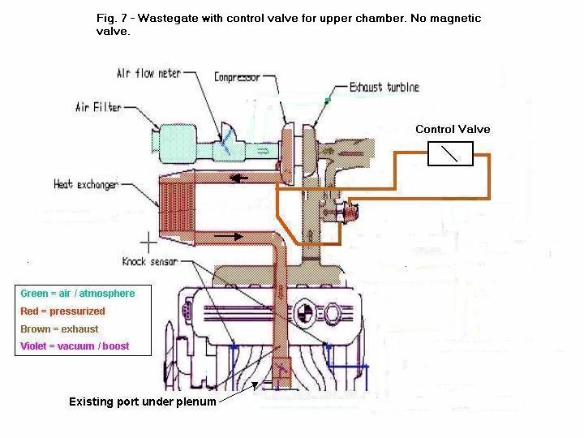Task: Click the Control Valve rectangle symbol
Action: click(x=449, y=153)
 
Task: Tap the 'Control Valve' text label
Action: click(x=453, y=129)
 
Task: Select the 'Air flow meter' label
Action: click(x=148, y=75)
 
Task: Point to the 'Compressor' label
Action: click(x=237, y=78)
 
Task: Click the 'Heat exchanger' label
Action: click(x=86, y=184)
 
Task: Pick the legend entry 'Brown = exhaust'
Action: click(x=59, y=329)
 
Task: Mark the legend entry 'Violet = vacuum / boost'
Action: click(x=75, y=346)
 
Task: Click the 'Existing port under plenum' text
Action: click(x=142, y=401)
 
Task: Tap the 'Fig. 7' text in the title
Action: click(x=108, y=17)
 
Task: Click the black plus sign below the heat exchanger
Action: click(x=148, y=242)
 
